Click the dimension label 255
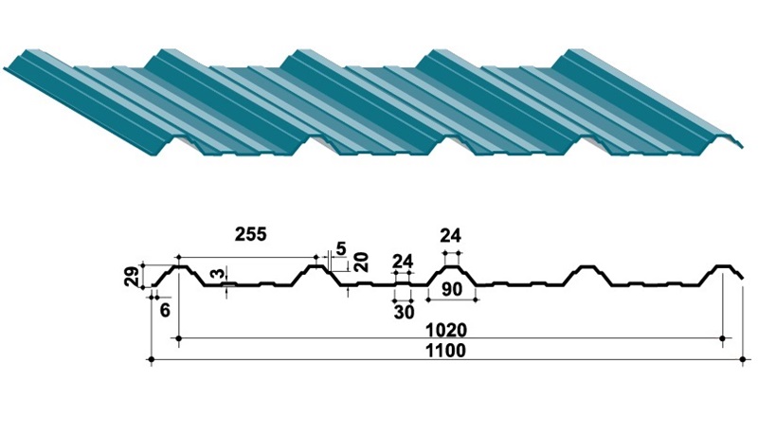(x=250, y=234)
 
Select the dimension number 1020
(x=445, y=330)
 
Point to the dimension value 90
(x=452, y=289)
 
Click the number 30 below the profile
(x=405, y=313)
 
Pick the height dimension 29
(x=133, y=277)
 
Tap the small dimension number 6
(x=165, y=311)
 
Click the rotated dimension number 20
(x=361, y=262)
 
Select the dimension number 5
(x=341, y=249)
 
